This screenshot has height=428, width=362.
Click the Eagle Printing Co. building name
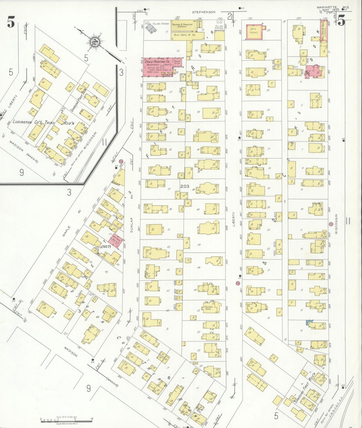pyautogui.click(x=157, y=62)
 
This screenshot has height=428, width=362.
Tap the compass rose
pyautogui.click(x=96, y=42)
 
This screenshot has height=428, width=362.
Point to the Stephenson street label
pyautogui.click(x=203, y=12)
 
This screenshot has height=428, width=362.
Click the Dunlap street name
pyautogui.click(x=132, y=225)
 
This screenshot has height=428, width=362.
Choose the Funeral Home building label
pyautogui.click(x=209, y=308)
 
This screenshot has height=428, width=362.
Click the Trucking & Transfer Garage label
pyautogui.click(x=182, y=25)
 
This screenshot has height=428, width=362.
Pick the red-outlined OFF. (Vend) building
pyautogui.click(x=254, y=32)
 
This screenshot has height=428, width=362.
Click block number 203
pyautogui.click(x=185, y=186)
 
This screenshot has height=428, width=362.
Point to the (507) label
pyautogui.click(x=106, y=246)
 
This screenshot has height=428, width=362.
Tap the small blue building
pyautogui.click(x=309, y=322)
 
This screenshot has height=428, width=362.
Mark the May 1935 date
pyautogui.click(x=331, y=10)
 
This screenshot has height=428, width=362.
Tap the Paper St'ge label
pyautogui.click(x=177, y=62)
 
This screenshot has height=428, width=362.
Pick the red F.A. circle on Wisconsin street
pyautogui.click(x=331, y=224)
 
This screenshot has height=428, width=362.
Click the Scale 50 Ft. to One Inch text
pyautogui.click(x=67, y=417)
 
